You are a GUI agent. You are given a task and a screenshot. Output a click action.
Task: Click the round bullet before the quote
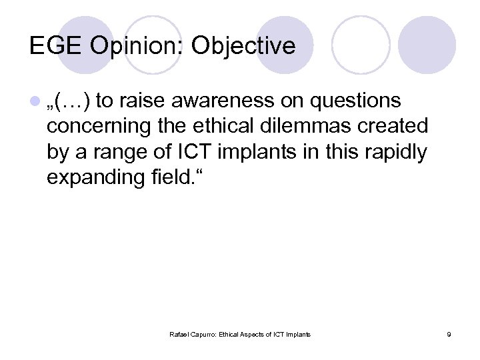35,101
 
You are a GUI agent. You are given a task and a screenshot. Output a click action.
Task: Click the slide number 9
449,334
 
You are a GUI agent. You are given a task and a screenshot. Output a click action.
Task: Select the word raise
143,101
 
